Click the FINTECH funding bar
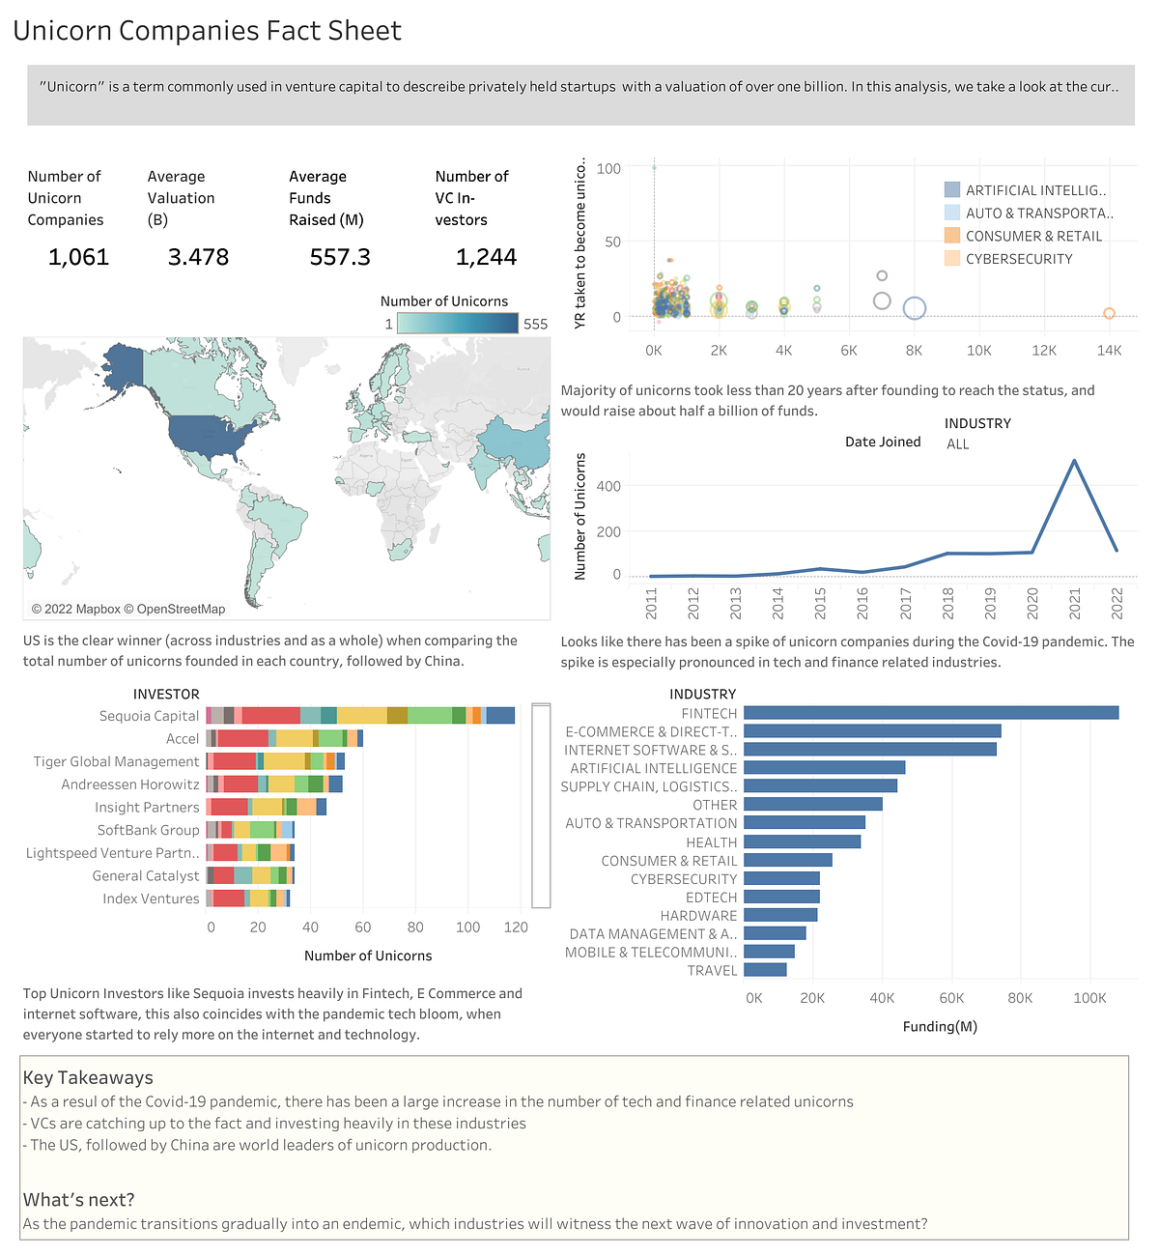[930, 713]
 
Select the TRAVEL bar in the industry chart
[765, 970]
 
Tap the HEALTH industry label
[711, 842]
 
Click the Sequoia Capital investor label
[149, 716]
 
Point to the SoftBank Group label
[148, 830]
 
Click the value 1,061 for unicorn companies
[78, 257]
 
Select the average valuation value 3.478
[198, 257]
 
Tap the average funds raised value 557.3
[340, 257]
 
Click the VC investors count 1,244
[486, 257]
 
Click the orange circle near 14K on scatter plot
[1109, 313]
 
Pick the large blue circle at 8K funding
[914, 308]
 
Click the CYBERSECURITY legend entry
[1019, 259]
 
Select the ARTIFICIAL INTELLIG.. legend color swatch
[952, 190]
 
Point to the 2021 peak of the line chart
[1074, 461]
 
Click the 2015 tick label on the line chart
[820, 604]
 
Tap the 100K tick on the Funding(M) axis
[1089, 998]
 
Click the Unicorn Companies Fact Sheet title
[207, 31]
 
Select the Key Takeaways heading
[88, 1077]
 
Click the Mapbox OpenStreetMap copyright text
[128, 609]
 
